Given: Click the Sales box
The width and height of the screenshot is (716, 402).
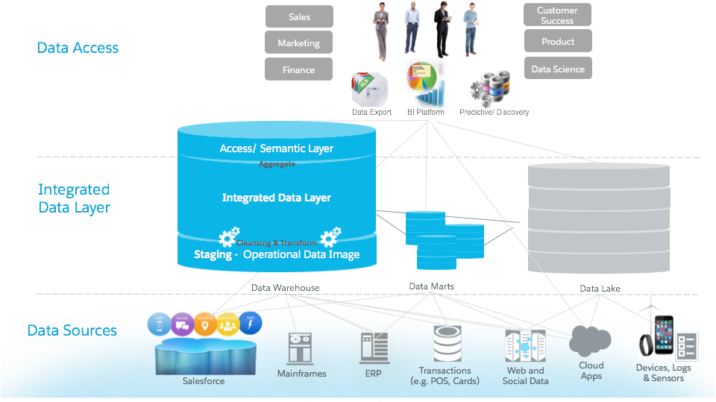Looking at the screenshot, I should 298,17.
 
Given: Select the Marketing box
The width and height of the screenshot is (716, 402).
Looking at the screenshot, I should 298,43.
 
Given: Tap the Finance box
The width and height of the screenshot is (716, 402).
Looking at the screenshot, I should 298,69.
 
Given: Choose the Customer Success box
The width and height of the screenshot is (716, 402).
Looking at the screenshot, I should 557,15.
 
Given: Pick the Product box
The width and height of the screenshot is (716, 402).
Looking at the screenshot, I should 557,42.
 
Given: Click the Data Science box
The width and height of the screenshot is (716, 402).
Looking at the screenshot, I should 557,69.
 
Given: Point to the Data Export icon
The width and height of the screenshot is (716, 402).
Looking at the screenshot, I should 371,89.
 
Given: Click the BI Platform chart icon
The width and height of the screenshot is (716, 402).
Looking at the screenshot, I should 427,84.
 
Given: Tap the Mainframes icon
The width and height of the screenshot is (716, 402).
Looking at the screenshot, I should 301,348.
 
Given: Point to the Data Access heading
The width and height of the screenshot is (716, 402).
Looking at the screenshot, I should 78,48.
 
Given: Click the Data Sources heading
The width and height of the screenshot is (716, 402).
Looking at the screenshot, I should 72,330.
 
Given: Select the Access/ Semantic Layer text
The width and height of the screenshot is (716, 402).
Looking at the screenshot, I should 277,148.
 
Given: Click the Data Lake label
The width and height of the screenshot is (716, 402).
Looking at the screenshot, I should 600,288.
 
